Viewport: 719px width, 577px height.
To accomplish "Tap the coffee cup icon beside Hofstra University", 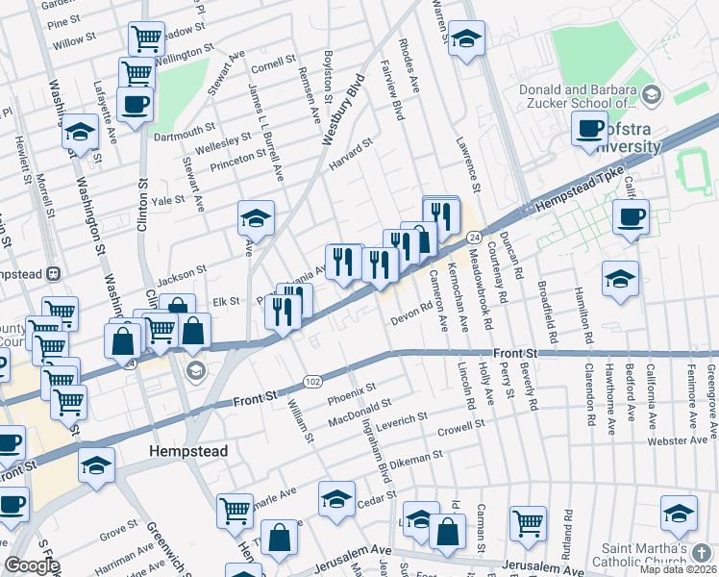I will pyautogui.click(x=588, y=129).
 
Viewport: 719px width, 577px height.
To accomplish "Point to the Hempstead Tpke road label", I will pyautogui.click(x=570, y=194).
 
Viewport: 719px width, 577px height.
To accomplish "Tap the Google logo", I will pyautogui.click(x=32, y=565).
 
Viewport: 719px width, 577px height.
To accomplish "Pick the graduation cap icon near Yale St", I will pyautogui.click(x=256, y=219).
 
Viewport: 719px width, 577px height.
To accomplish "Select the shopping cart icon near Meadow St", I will pyautogui.click(x=145, y=39).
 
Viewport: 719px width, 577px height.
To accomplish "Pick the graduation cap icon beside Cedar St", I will pyautogui.click(x=335, y=500).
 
